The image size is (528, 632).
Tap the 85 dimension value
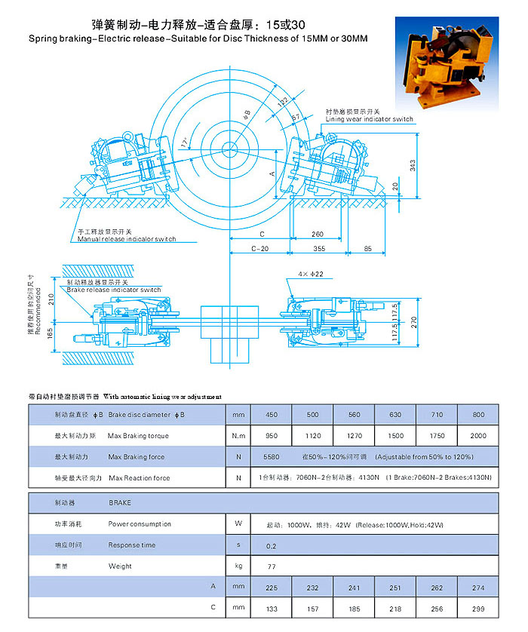coord(367,248)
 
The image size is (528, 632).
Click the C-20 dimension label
coord(259,248)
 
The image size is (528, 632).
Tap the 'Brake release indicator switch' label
coord(113,290)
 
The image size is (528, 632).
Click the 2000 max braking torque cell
coord(478,436)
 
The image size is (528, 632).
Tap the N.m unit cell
coord(238,436)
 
